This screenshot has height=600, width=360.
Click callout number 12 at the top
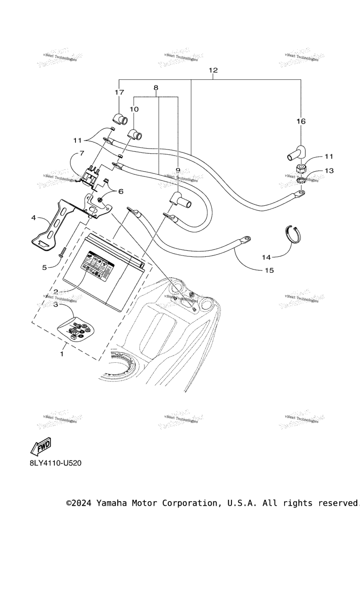pos(213,70)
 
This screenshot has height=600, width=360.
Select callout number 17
pos(120,92)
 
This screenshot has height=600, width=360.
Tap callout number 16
pos(300,121)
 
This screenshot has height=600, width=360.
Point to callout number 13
pos(330,171)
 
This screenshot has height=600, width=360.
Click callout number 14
pos(266,257)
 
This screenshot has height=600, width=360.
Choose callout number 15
pos(269,270)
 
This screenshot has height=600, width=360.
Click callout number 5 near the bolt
pos(45,267)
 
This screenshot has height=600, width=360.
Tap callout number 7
pos(82,153)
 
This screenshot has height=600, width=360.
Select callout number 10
pos(134,109)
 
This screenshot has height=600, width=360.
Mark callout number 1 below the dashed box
pos(61,354)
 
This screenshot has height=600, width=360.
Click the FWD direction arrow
pos(41,447)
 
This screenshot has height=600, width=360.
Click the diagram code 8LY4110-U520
pos(55,463)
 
